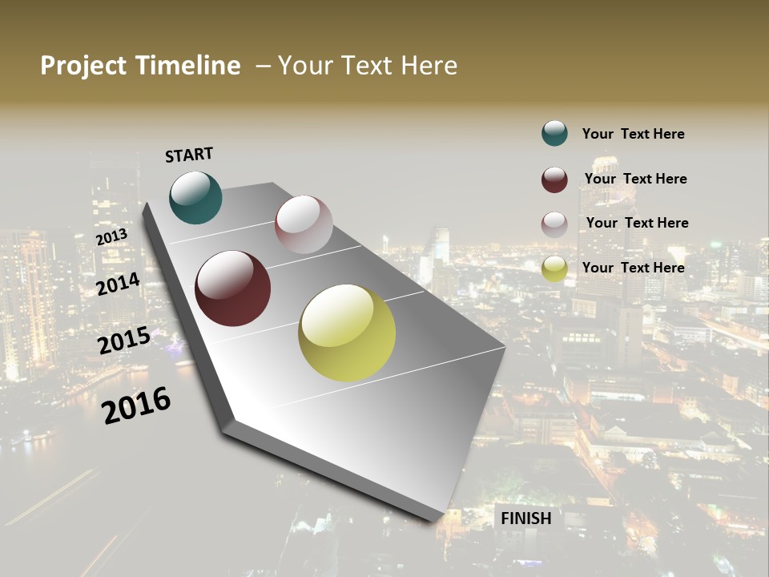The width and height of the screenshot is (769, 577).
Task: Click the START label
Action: click(x=189, y=155)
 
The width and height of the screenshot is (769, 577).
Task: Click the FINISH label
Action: click(x=526, y=518)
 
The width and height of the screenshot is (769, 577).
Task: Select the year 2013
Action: click(x=111, y=237)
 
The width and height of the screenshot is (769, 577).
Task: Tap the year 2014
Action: click(x=118, y=284)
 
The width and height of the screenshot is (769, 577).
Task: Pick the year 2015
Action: click(x=124, y=341)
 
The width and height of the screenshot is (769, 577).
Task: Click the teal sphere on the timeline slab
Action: click(x=195, y=198)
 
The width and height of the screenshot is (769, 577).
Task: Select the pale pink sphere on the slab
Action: click(x=304, y=224)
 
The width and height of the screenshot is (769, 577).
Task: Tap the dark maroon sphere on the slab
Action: click(x=233, y=288)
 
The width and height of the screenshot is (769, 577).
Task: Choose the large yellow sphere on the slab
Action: click(x=347, y=333)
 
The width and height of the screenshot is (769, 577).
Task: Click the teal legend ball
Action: click(x=554, y=133)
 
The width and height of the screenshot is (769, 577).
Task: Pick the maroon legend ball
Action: click(x=554, y=180)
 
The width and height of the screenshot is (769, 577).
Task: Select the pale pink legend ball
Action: click(x=554, y=224)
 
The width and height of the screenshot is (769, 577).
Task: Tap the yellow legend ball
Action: click(x=554, y=268)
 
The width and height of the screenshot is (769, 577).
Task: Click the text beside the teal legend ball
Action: click(x=633, y=134)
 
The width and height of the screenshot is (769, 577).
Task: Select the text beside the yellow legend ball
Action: click(x=633, y=268)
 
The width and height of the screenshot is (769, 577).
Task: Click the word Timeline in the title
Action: click(x=188, y=66)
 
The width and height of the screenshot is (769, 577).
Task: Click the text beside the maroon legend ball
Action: click(x=635, y=179)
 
